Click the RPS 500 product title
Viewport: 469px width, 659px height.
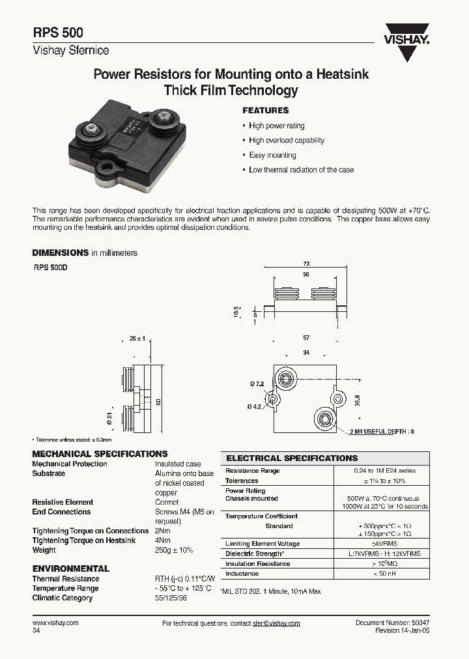coord(57,34)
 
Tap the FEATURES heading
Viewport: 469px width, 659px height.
coord(265,111)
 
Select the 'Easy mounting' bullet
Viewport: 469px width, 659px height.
coord(272,155)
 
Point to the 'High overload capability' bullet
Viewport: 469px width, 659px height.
coord(287,141)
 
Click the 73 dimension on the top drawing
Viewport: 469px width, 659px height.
coord(306,264)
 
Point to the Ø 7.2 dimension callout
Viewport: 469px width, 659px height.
coord(257,384)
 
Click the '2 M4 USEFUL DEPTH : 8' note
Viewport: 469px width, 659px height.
coord(382,431)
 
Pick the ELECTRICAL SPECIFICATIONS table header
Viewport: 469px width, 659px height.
coord(292,458)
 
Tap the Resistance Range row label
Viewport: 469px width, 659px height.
coord(252,471)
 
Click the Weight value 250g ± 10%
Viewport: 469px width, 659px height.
coord(174,550)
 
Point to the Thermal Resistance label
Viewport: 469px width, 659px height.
coord(66,579)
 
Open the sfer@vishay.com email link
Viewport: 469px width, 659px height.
coord(276,623)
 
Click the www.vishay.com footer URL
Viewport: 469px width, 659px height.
coord(55,623)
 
